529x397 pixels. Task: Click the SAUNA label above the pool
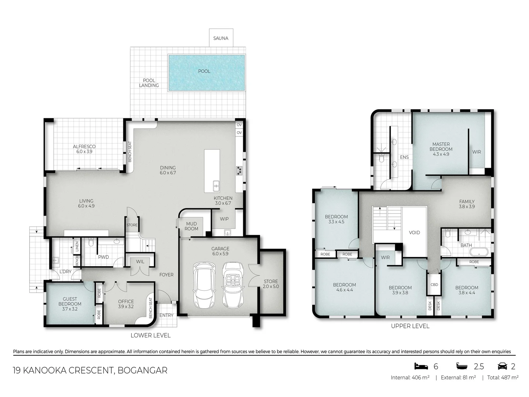click(221, 38)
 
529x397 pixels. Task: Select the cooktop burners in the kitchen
click(239, 170)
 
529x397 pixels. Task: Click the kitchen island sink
click(216, 186)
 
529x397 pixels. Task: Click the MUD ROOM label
click(191, 226)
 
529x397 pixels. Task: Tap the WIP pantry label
click(224, 219)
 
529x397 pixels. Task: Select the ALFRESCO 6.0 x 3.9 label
click(84, 149)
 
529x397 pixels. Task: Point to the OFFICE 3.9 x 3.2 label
click(126, 304)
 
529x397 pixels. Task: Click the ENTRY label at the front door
click(166, 315)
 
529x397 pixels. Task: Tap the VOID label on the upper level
click(414, 233)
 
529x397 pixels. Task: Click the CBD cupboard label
click(434, 285)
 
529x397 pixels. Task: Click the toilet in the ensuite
click(381, 159)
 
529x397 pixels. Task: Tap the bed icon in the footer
click(421, 366)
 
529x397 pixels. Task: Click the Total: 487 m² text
click(503, 378)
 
